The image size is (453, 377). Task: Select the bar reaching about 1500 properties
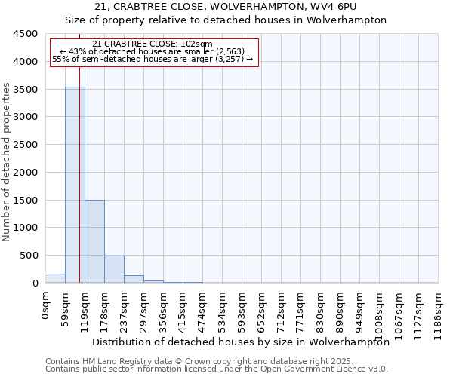point(94,241)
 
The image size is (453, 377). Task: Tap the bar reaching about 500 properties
point(114,269)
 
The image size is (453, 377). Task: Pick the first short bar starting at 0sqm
point(55,278)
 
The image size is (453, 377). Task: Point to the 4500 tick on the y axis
point(25,34)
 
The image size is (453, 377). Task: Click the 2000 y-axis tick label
point(25,173)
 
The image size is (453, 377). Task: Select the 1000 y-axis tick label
point(25,228)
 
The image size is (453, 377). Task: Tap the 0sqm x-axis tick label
point(46,307)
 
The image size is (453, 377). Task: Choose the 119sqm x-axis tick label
point(85,308)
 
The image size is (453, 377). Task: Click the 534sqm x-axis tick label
point(223,308)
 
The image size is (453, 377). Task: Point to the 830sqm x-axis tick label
point(321,308)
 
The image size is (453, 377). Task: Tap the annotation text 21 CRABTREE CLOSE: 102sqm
point(153,44)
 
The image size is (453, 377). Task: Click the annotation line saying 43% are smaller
point(153,51)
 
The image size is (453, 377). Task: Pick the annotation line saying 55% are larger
point(153,59)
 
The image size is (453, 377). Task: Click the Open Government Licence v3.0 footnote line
point(217,369)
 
